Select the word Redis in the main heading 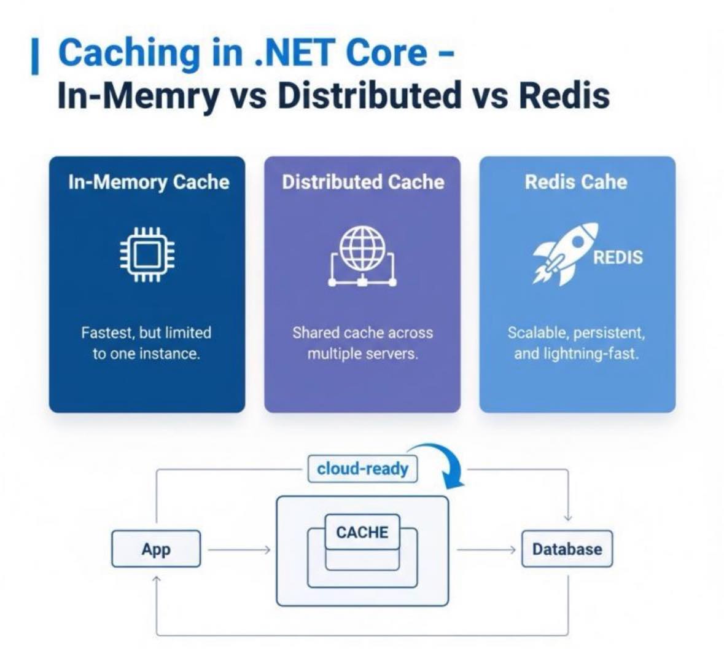[564, 95]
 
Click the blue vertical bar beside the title [34, 57]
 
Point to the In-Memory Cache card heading [149, 182]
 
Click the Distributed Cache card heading [363, 182]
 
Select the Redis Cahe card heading [576, 182]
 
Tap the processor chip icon [147, 254]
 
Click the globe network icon [362, 256]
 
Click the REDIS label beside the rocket [618, 257]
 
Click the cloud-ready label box [362, 469]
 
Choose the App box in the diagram [156, 549]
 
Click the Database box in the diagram [567, 549]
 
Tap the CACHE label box [362, 532]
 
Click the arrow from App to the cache [239, 550]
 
